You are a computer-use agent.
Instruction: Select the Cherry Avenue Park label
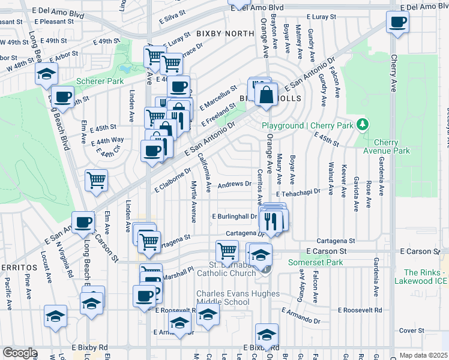(392, 146)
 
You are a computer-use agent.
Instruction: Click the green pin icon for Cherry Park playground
(362, 125)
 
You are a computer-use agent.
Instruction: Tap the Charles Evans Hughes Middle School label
(238, 298)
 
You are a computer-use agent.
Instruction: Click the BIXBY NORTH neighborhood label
(215, 34)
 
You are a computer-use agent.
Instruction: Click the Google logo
(20, 353)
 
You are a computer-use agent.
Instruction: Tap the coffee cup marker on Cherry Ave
(397, 23)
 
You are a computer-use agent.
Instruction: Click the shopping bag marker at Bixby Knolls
(266, 94)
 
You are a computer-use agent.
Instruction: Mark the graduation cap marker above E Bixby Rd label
(267, 334)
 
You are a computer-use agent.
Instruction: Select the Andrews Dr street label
(234, 185)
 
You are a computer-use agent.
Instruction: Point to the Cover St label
(412, 331)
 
